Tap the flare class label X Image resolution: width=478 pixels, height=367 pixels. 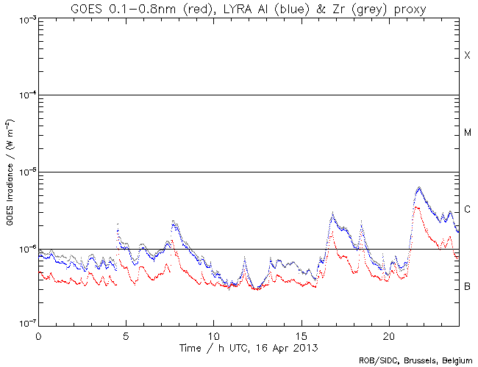click(467, 56)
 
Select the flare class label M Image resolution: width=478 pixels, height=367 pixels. click(467, 133)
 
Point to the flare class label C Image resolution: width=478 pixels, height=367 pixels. click(467, 210)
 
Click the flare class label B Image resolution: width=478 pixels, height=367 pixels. click(467, 286)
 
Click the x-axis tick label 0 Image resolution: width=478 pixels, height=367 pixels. click(38, 334)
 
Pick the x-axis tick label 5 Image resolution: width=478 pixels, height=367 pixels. click(126, 334)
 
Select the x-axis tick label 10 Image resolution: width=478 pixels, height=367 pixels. click(213, 334)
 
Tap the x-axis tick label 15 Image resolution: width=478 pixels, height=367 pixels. click(301, 334)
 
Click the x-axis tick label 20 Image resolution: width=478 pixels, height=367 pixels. click(388, 334)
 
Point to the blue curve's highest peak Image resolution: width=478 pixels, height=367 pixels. click(419, 187)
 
